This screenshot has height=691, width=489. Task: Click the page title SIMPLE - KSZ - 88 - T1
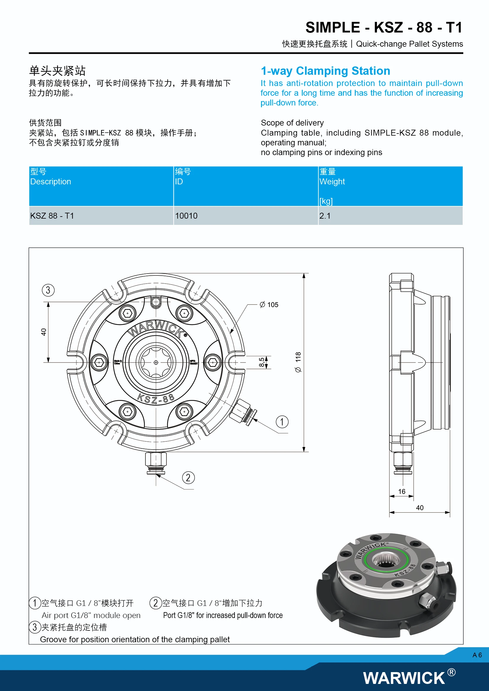[x=384, y=28]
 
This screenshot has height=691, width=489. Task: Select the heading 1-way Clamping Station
[x=325, y=71]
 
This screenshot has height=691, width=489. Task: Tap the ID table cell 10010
[x=186, y=216]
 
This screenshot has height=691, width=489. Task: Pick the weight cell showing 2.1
[x=325, y=216]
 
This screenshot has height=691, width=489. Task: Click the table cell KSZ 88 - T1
[x=52, y=216]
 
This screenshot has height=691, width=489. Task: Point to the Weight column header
[x=332, y=181]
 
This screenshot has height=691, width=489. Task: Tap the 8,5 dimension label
[x=262, y=362]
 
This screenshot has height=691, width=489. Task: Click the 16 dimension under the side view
[x=402, y=492]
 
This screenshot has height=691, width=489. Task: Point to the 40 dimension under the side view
[x=420, y=508]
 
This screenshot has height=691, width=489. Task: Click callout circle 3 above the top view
[x=48, y=290]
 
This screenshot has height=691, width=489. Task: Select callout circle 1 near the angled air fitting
[x=282, y=422]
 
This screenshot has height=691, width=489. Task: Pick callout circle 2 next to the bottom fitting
[x=189, y=478]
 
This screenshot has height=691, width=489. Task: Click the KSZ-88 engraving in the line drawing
[x=156, y=399]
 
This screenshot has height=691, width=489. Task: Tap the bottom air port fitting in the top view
[x=156, y=462]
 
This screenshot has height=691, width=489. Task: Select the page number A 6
[x=477, y=655]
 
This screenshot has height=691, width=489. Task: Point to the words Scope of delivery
[x=292, y=123]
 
